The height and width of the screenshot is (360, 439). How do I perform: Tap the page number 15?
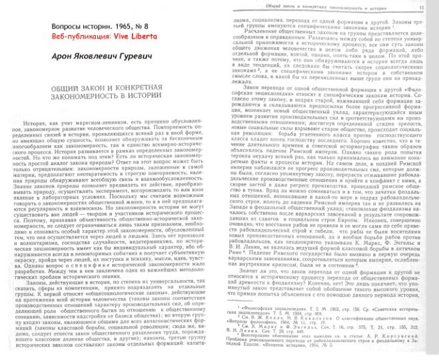420,6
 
